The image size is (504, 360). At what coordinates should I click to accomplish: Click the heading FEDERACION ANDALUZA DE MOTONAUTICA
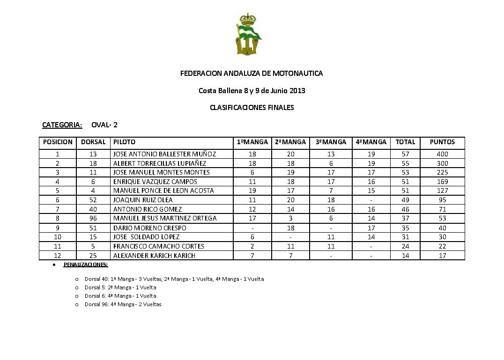click(252, 73)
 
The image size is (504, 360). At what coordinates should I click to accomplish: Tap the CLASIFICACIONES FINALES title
click(252, 108)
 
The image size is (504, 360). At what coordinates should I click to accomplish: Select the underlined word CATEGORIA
click(62, 125)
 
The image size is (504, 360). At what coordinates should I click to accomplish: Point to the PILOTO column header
click(124, 142)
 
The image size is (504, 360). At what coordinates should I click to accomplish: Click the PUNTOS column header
click(442, 142)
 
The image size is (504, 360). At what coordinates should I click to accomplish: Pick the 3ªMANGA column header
click(331, 142)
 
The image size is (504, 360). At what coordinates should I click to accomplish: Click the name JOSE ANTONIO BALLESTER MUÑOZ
click(164, 154)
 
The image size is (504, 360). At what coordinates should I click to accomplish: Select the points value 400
click(442, 154)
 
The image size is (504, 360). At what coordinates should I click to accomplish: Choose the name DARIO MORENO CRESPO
click(149, 228)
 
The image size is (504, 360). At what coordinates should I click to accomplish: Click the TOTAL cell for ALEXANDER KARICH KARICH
click(405, 256)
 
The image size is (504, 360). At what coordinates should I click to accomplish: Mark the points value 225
click(442, 172)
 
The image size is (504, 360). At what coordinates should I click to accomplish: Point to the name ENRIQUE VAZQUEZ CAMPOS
click(155, 182)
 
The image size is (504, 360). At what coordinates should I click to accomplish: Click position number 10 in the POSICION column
click(58, 237)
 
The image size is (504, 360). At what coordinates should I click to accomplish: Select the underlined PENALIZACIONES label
click(86, 265)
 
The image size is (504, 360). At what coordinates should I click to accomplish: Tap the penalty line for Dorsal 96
click(123, 304)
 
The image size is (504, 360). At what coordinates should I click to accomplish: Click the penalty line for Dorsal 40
click(174, 279)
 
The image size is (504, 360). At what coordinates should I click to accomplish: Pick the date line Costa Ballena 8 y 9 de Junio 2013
click(252, 91)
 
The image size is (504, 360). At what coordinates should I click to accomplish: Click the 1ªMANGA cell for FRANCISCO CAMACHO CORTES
click(252, 246)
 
